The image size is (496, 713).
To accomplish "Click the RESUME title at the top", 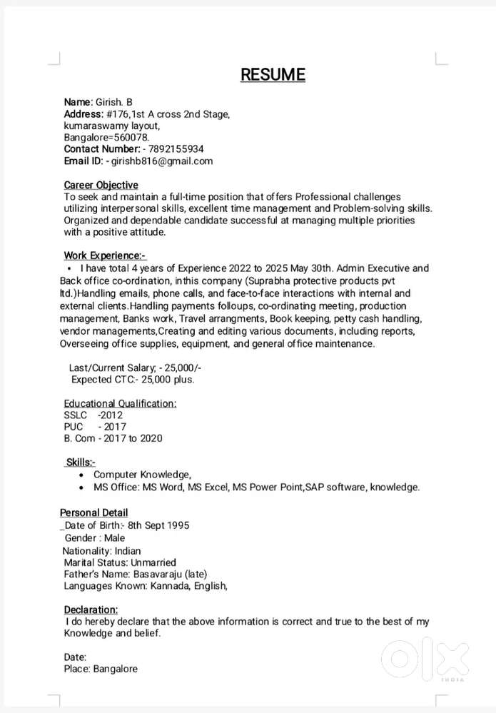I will point(273,74).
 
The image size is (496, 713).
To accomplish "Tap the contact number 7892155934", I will point(176,149).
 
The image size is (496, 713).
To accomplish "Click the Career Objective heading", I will point(101,185).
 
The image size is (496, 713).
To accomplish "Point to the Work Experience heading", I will point(104,256).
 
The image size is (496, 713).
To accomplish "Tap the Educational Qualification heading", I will point(120,403).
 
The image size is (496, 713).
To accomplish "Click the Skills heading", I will point(81,462).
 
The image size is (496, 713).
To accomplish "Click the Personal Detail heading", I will point(93,512).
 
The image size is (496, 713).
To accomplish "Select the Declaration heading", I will point(91,610).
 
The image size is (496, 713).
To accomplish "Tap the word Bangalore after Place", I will point(115,669).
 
